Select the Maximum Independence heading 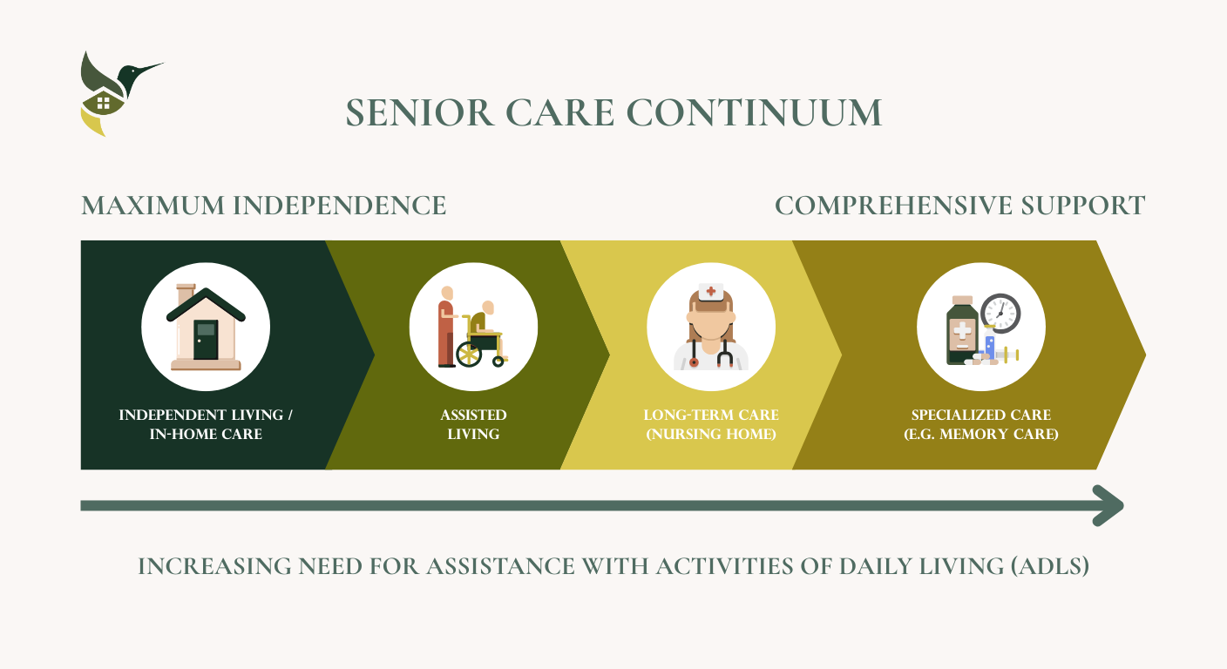(x=263, y=206)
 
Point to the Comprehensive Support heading (x=959, y=206)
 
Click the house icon (x=206, y=328)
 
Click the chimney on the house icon (x=186, y=294)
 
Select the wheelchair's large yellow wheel (x=469, y=355)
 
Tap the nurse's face (x=710, y=321)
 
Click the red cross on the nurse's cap (x=710, y=292)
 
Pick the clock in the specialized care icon (x=1000, y=313)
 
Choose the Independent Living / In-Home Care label (x=206, y=424)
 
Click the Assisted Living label (x=473, y=424)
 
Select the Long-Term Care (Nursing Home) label (x=710, y=424)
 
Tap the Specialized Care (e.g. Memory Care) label (x=980, y=424)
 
